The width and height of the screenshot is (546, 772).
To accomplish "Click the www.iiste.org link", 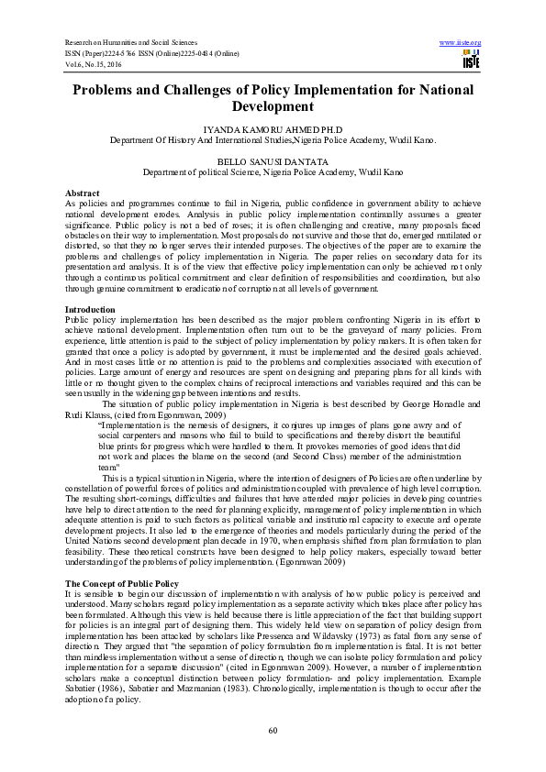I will tap(461, 43).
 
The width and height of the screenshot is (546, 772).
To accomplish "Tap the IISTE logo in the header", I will tap(472, 61).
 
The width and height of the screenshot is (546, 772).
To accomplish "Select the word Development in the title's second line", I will tap(272, 107).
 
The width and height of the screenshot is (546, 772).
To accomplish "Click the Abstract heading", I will tap(82, 193).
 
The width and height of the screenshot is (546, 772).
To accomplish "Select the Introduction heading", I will tap(90, 309).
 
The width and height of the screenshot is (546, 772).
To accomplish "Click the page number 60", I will tap(273, 730).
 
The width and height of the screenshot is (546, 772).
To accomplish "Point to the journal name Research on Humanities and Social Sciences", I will tap(134, 43).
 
